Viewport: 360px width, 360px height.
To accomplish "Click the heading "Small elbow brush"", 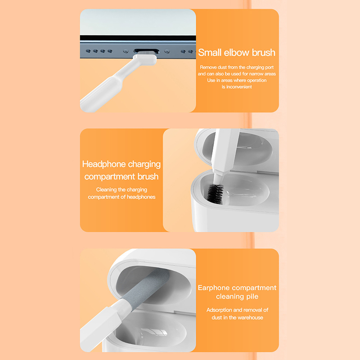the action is [x=237, y=53].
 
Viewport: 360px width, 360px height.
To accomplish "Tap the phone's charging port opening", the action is [x=147, y=51].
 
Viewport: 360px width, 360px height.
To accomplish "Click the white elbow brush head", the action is [x=145, y=58].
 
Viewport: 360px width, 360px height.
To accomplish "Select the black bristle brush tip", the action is [x=215, y=193].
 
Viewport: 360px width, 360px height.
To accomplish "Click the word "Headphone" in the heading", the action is [x=104, y=164].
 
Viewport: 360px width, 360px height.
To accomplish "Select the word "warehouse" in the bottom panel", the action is [x=250, y=318].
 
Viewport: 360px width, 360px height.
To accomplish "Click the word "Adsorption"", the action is [x=220, y=310].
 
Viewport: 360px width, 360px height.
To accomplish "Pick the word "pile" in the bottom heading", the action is [x=252, y=297].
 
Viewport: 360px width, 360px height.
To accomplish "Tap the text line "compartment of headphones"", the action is [x=121, y=197].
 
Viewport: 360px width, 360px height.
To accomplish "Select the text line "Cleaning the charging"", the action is [x=121, y=189].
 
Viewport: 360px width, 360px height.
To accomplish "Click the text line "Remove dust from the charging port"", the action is [x=237, y=67].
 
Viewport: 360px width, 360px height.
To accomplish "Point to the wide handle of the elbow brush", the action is [x=100, y=94].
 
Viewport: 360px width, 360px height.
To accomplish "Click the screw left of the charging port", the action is [x=126, y=51].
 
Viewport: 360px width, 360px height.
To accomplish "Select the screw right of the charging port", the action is [x=167, y=51].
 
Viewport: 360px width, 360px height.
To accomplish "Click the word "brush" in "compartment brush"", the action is [x=148, y=176].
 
